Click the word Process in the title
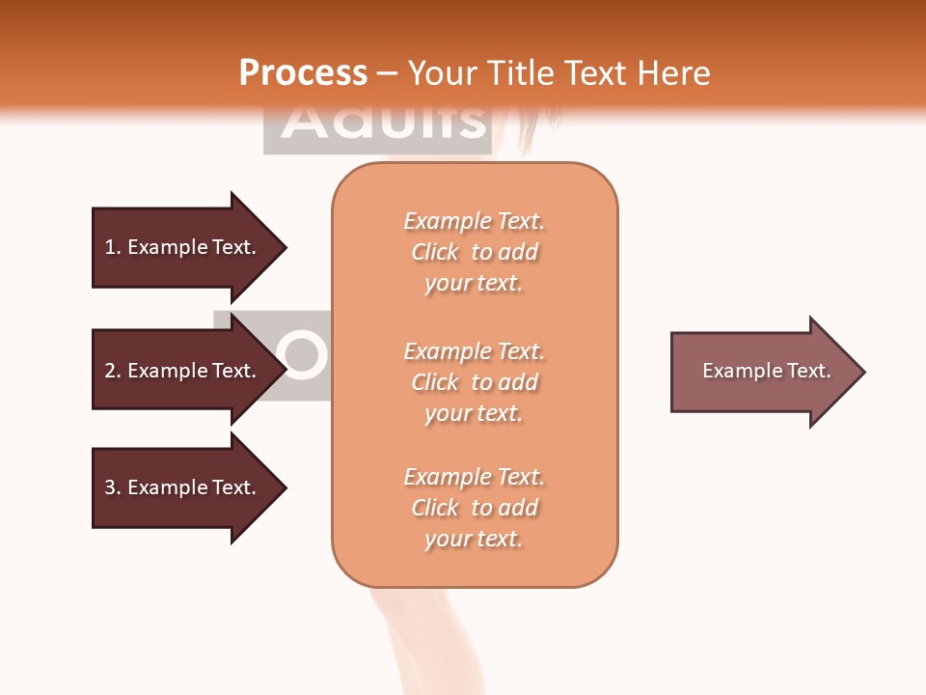tap(303, 72)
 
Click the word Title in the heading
tap(522, 73)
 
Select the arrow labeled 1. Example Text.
tap(183, 247)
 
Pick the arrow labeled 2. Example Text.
tap(183, 371)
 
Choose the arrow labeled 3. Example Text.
tap(183, 487)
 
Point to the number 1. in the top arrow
tap(113, 247)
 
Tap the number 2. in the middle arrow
tap(113, 371)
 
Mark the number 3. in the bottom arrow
tap(113, 487)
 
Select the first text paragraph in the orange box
tap(474, 252)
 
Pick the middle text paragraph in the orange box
tap(474, 382)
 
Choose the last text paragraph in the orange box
tap(474, 508)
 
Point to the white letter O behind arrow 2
tap(301, 354)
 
